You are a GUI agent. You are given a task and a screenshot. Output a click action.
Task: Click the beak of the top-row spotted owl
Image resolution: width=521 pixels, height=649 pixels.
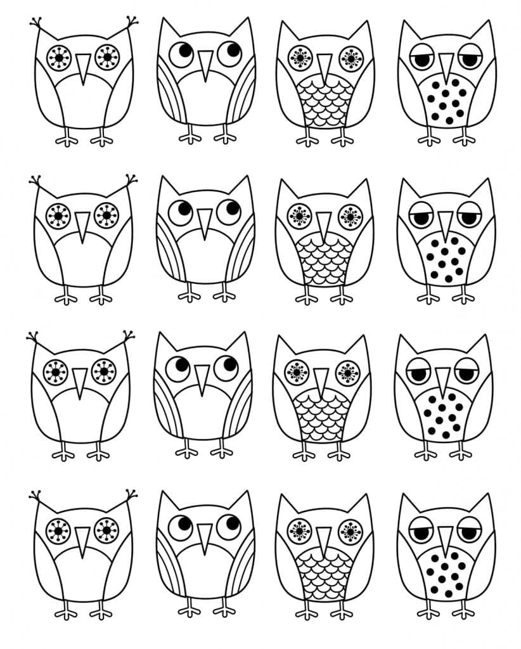point(446,65)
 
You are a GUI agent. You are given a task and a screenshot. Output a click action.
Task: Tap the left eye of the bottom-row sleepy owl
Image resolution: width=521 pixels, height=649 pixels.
point(419,531)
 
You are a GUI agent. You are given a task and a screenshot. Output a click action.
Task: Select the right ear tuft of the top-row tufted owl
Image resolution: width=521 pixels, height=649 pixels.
point(132,23)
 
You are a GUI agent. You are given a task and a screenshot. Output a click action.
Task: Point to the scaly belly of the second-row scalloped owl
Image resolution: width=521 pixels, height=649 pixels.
point(324,259)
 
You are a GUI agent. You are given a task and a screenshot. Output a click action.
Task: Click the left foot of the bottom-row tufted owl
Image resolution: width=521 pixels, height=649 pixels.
point(66,612)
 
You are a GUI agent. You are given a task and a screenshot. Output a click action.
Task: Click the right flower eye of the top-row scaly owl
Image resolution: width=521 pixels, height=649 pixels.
point(350,58)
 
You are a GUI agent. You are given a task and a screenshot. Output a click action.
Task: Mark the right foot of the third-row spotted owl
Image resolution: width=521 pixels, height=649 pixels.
point(461,453)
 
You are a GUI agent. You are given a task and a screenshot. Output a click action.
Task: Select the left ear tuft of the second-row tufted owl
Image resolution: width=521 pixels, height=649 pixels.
point(35,181)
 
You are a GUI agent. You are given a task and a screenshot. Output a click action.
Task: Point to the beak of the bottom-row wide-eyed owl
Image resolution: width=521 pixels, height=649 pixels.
point(203,537)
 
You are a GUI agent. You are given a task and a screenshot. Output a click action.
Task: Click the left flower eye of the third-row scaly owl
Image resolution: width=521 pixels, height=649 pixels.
point(297,372)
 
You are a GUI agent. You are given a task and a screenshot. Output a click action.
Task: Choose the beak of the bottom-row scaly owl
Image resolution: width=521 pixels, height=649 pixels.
point(323,539)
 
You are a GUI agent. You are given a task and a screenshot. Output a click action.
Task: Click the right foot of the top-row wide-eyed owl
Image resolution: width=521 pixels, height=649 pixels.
point(226,137)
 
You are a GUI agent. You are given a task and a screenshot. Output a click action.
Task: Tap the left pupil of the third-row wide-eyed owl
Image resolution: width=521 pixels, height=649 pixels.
point(181,366)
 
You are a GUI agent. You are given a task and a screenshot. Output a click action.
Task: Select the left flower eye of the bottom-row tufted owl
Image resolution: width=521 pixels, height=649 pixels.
point(58,530)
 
